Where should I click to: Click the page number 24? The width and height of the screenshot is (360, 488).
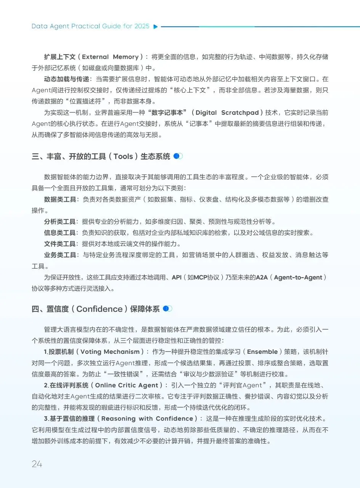[37, 464]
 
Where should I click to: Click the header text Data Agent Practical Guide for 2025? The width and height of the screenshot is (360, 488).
[90, 27]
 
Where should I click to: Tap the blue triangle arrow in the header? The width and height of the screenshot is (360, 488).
[155, 27]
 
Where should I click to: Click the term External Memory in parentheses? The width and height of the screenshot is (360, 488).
[110, 57]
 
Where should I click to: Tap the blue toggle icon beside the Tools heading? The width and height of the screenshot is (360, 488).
[178, 156]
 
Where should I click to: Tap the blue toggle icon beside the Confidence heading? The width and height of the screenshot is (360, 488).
[167, 309]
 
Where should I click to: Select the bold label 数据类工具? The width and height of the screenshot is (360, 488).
[60, 199]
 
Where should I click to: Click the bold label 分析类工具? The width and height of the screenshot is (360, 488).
[60, 222]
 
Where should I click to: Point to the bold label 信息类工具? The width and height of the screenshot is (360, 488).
[60, 233]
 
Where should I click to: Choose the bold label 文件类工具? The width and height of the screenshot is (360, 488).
[60, 244]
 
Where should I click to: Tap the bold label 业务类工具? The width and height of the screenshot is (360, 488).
[60, 255]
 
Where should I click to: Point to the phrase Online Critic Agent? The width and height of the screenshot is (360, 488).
[126, 385]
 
